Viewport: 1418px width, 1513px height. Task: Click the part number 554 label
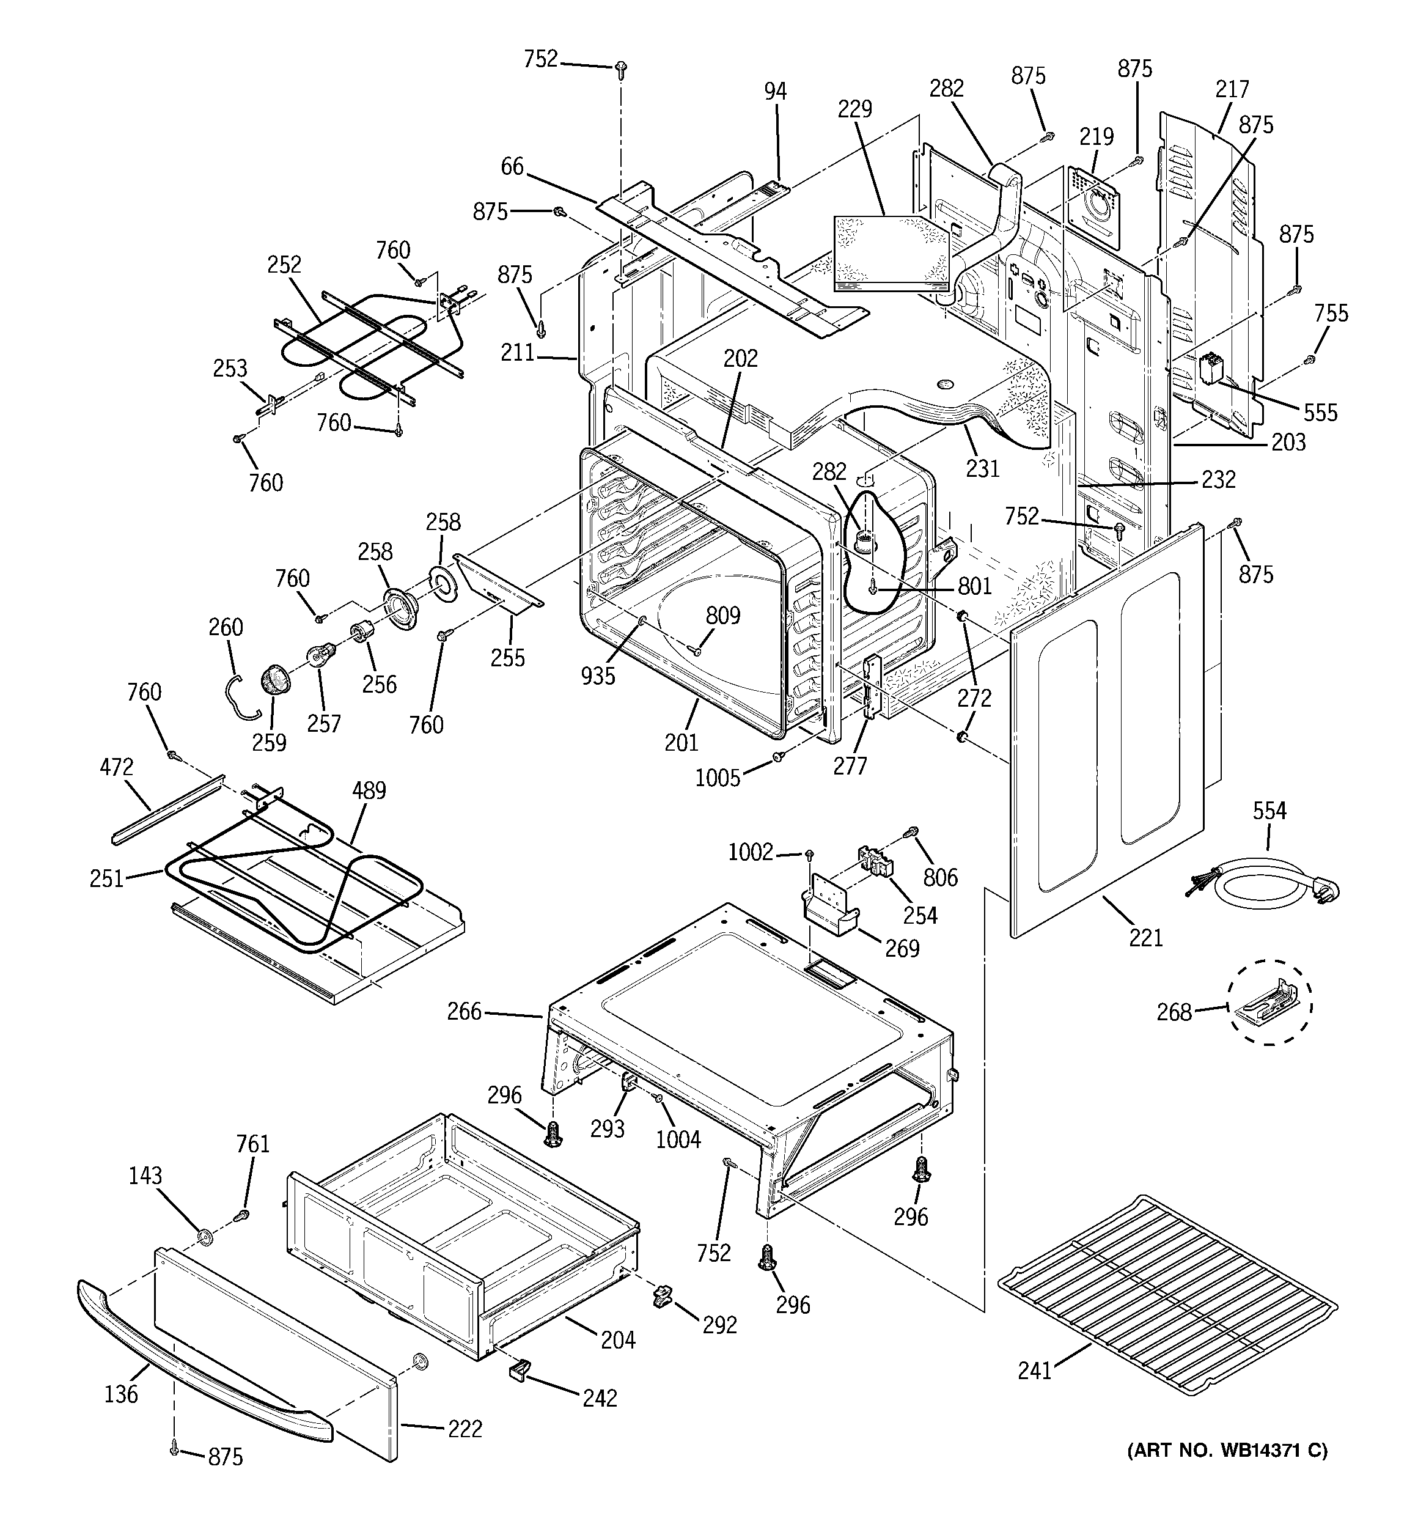coord(1269,811)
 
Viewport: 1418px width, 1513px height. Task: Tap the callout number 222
coord(465,1429)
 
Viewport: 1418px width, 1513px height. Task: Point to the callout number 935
coord(598,675)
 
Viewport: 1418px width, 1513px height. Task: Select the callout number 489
coord(369,791)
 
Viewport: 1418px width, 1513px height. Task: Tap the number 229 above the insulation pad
coord(854,109)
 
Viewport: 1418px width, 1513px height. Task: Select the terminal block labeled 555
coord(1210,369)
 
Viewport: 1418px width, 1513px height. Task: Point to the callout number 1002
coord(751,852)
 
